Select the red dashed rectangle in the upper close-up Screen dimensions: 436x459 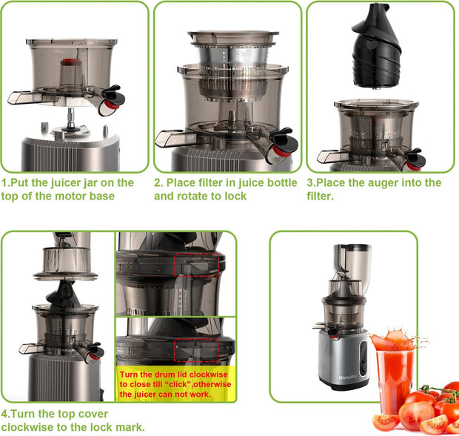[x=195, y=262]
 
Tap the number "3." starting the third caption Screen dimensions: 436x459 [x=311, y=182]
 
